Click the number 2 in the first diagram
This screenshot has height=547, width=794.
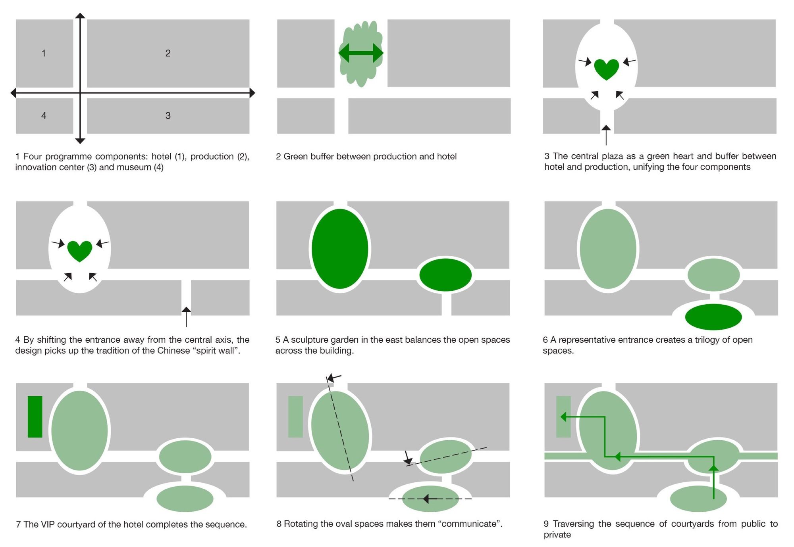click(168, 53)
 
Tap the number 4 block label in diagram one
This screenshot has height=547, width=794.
click(44, 115)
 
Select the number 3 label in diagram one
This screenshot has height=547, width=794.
click(168, 115)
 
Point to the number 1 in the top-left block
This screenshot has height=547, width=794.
click(44, 53)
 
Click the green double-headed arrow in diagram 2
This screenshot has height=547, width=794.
click(361, 53)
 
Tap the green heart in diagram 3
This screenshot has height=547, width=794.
click(606, 69)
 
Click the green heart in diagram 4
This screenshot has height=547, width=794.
click(80, 251)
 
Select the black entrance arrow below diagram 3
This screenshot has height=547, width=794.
click(606, 135)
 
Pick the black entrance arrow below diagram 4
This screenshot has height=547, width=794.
click(186, 317)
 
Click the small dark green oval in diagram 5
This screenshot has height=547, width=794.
click(445, 274)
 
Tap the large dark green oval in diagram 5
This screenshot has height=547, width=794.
click(340, 249)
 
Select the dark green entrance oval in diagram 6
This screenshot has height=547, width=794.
click(713, 317)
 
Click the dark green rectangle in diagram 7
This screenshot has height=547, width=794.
click(35, 417)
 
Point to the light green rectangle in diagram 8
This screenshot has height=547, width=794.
click(295, 417)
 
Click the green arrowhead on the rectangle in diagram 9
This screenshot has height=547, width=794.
click(563, 417)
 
